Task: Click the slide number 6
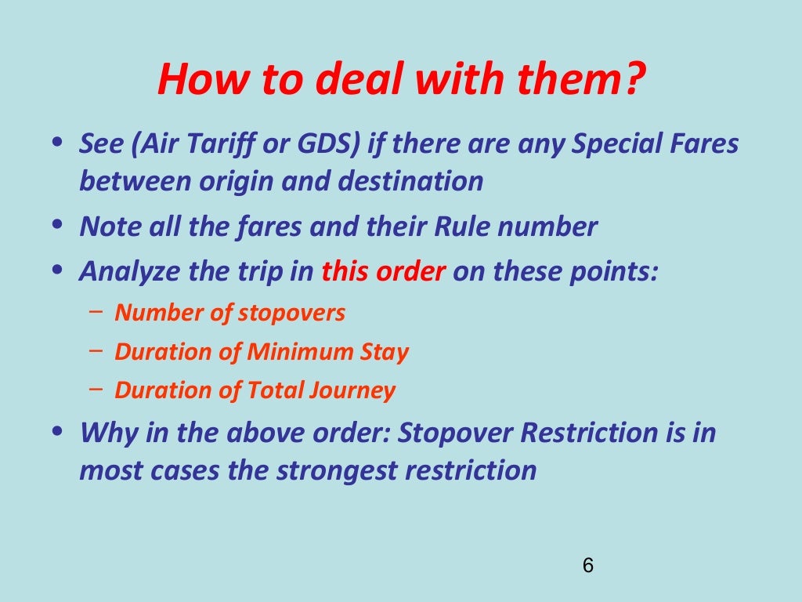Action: click(x=588, y=565)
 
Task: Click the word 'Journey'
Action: click(x=352, y=390)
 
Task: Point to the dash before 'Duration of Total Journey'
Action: click(x=96, y=388)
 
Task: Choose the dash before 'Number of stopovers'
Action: click(x=96, y=311)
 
